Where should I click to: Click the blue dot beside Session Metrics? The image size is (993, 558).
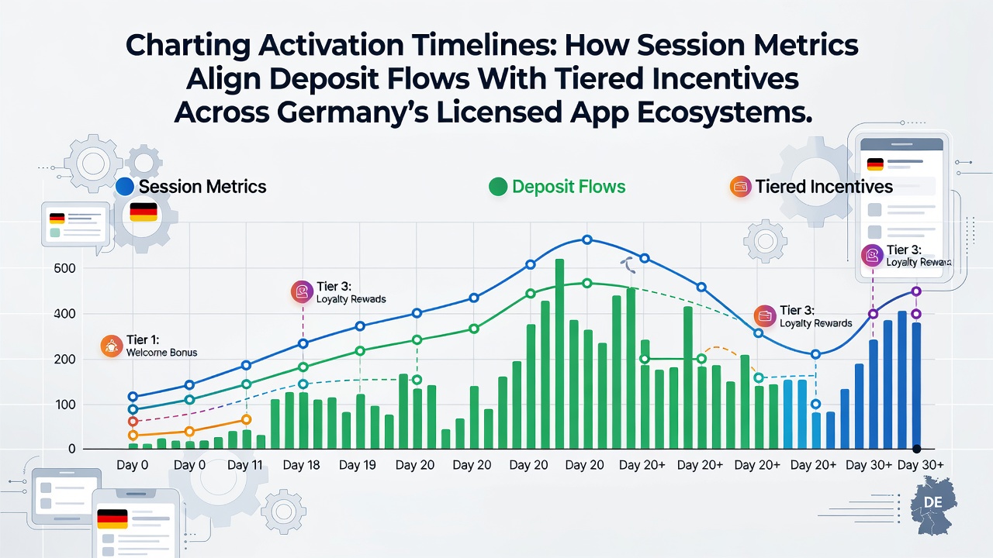tap(125, 187)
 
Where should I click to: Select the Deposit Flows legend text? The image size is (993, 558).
tap(569, 187)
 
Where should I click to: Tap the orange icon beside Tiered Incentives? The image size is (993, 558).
tap(740, 187)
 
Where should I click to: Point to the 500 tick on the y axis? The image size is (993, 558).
tap(64, 268)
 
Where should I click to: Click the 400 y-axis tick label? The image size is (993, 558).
tap(64, 314)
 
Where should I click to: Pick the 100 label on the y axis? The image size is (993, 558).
tap(64, 405)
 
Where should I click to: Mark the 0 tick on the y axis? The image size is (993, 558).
tap(72, 449)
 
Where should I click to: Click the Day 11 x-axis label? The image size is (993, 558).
tap(244, 465)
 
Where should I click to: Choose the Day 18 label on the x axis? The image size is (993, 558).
tap(302, 465)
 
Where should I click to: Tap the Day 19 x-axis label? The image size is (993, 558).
tap(358, 465)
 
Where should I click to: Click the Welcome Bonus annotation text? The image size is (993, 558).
tap(162, 353)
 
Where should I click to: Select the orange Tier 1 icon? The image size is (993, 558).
tap(111, 346)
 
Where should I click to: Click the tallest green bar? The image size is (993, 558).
tap(559, 354)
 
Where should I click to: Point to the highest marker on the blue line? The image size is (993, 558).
tap(587, 240)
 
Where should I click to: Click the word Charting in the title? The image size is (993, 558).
tap(188, 46)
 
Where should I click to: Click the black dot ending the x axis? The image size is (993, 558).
tap(917, 449)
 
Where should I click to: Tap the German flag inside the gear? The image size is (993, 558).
tap(144, 212)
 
